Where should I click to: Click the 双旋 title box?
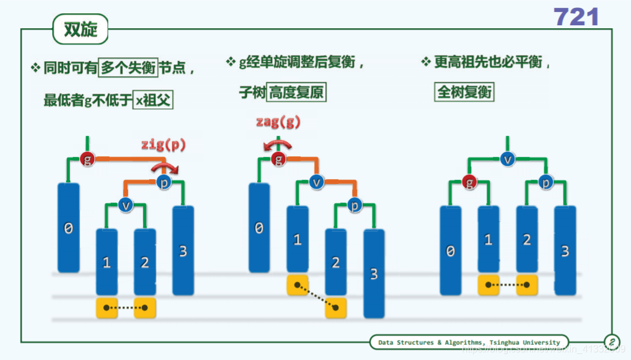tap(81, 29)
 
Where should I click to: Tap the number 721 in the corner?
tap(576, 17)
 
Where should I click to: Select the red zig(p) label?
tap(163, 144)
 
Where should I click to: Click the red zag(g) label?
tap(277, 122)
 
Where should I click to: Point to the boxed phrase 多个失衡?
tap(127, 68)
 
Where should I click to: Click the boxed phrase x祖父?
tap(153, 100)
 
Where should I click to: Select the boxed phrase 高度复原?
tap(296, 93)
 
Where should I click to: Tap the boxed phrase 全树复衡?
tap(464, 92)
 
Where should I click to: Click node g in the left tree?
tap(88, 160)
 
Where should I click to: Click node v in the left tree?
tap(125, 205)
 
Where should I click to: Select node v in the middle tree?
tap(315, 182)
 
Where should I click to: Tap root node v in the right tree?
tap(508, 159)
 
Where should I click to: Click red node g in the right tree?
tap(470, 182)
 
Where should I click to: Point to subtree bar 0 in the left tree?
tap(69, 228)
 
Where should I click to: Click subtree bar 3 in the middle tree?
tap(374, 273)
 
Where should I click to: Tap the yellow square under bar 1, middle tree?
tap(297, 285)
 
